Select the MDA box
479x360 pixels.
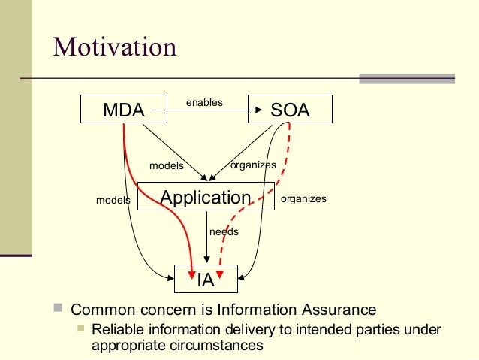[x=124, y=110]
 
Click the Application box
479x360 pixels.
[x=205, y=197]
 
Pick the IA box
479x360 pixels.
[x=206, y=280]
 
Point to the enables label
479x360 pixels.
[x=204, y=102]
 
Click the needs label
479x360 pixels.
[x=224, y=231]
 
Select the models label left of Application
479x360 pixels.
[x=113, y=201]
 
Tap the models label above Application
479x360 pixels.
[x=167, y=165]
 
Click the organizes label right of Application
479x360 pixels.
[x=303, y=199]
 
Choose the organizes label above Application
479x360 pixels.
[x=253, y=165]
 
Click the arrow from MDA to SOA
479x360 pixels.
[x=199, y=112]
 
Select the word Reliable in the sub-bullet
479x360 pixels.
[x=116, y=331]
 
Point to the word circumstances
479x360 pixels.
[x=218, y=346]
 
